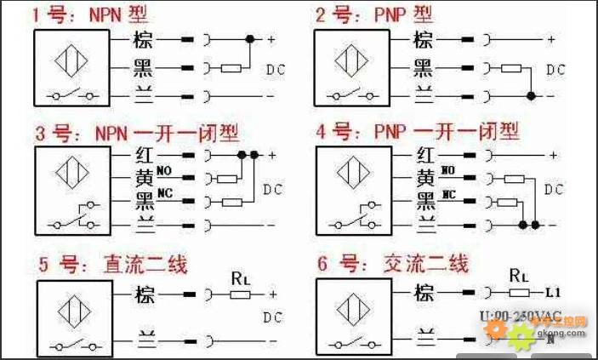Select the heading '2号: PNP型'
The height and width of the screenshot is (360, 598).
coord(373,14)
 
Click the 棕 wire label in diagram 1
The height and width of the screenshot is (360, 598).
coord(142,39)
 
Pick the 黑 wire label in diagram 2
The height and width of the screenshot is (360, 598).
coord(423,68)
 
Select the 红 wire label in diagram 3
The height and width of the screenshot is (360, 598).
coord(143,156)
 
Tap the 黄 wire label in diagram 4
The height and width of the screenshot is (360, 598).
coord(424,178)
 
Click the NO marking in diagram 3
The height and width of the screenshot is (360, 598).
coord(164,172)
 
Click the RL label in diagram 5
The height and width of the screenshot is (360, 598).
coord(241,277)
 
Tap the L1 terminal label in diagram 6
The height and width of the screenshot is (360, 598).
coord(553,293)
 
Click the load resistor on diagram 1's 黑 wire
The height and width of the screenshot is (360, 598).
coord(231,68)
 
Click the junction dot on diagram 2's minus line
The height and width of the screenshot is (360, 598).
coord(532,96)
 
